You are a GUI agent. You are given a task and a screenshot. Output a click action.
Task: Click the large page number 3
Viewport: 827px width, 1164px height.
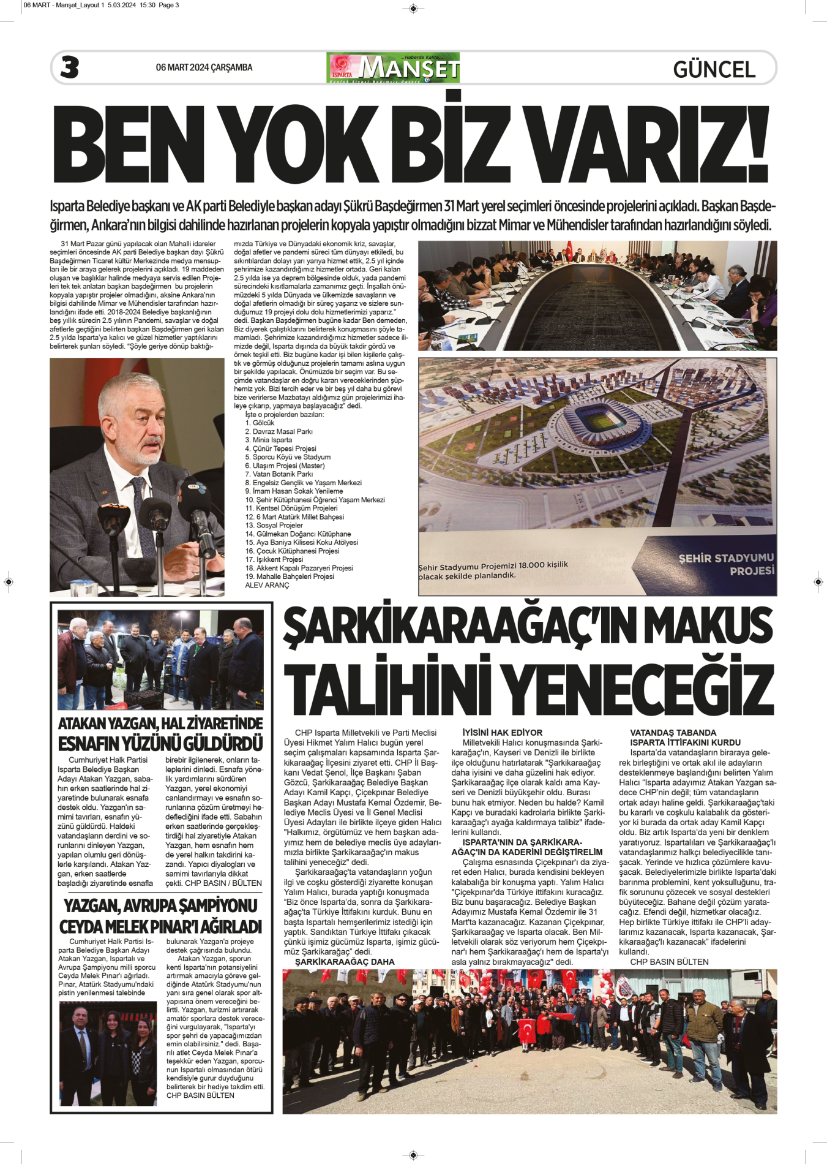click(x=70, y=67)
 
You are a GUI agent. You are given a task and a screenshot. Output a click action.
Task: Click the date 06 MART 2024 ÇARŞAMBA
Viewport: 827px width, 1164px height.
click(x=204, y=67)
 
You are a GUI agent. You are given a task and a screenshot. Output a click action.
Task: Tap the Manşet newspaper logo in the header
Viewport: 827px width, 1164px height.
click(x=394, y=67)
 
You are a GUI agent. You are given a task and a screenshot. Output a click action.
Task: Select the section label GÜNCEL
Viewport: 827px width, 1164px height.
click(x=714, y=69)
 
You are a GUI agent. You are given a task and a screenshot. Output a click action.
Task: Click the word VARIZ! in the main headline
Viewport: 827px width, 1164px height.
click(x=646, y=143)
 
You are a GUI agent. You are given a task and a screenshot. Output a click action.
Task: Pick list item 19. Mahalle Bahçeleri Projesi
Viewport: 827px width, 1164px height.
click(x=290, y=576)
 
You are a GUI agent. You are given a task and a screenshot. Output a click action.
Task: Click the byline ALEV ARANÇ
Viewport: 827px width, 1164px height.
click(x=267, y=585)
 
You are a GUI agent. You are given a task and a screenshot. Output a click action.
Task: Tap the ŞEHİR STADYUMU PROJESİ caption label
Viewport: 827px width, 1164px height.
click(x=726, y=564)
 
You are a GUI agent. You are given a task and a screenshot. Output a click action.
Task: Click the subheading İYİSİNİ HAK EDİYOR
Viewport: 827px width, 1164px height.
click(x=502, y=733)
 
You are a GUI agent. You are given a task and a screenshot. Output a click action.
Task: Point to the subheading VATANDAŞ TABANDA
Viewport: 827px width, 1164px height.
click(x=673, y=733)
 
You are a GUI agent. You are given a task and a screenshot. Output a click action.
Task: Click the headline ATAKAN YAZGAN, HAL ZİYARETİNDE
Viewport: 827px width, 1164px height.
click(x=160, y=724)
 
